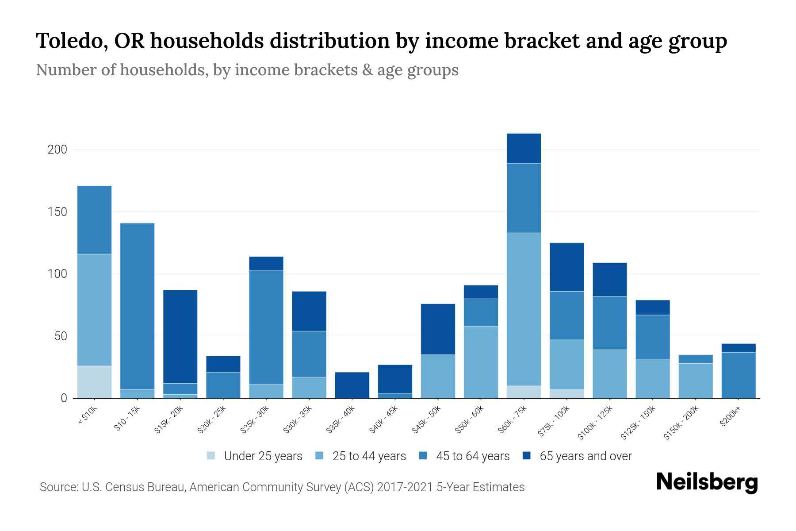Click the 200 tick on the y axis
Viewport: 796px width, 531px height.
tap(57, 150)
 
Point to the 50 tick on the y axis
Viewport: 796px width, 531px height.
tap(60, 336)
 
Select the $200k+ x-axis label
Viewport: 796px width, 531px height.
tap(730, 416)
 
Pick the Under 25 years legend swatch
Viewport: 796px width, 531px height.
tap(211, 455)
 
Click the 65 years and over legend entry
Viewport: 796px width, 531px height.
tap(586, 456)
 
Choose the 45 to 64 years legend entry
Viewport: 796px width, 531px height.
tap(473, 456)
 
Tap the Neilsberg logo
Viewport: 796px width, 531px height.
tap(707, 482)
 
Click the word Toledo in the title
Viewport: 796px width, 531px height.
tap(70, 41)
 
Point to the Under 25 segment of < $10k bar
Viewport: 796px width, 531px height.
tap(94, 382)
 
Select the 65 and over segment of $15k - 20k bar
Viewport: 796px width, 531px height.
tap(180, 336)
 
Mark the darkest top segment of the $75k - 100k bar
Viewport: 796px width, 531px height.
tap(566, 267)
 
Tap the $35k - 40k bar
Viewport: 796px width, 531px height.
tap(352, 385)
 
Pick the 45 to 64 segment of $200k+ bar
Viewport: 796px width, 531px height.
tap(739, 375)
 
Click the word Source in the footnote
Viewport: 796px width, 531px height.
tap(57, 487)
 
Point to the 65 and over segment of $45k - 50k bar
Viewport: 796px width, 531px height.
tap(438, 329)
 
